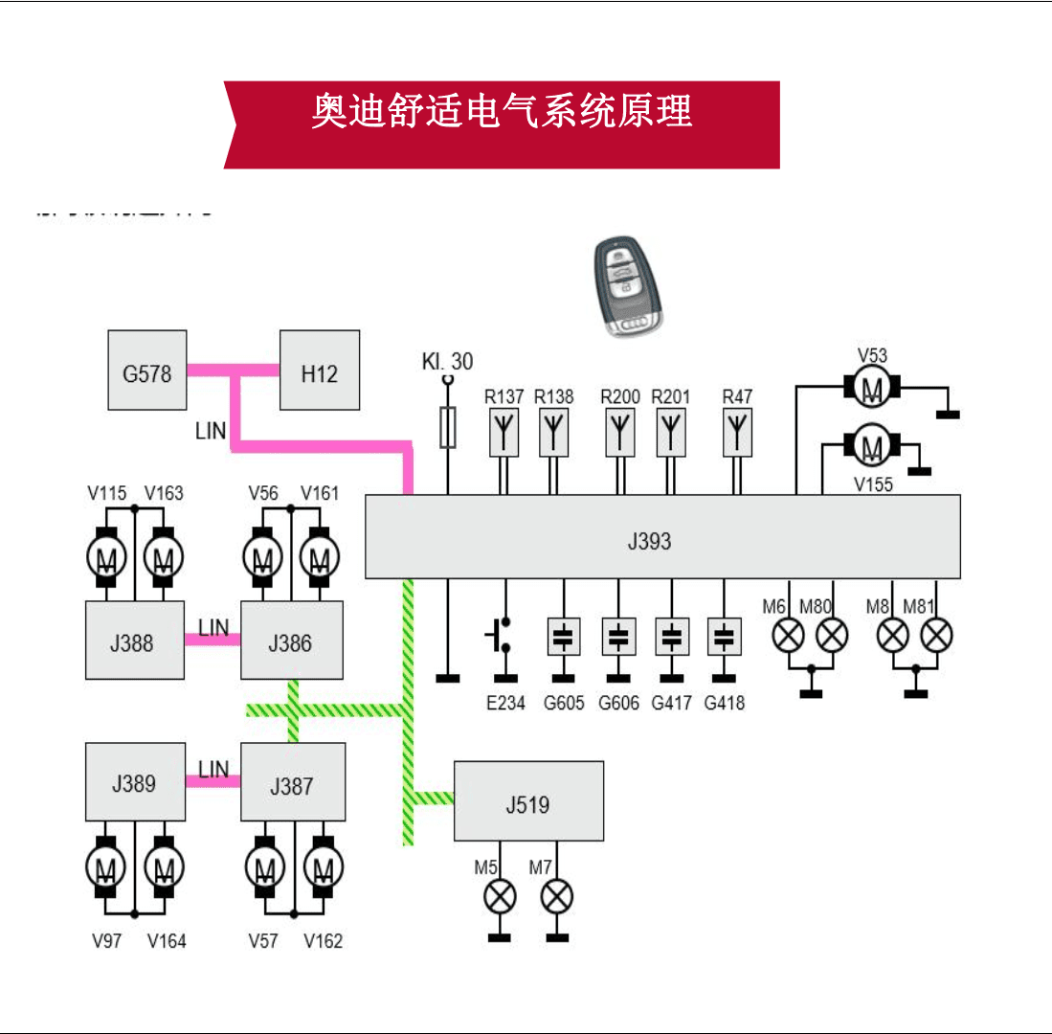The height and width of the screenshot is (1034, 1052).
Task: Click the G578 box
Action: (x=146, y=371)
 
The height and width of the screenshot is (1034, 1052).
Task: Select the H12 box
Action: (x=319, y=371)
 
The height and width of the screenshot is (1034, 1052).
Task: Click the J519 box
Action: (x=528, y=801)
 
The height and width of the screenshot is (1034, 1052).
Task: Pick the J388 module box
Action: (x=133, y=641)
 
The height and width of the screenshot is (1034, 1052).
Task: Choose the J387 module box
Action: (x=291, y=782)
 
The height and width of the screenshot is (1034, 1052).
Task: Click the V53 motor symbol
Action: (x=872, y=387)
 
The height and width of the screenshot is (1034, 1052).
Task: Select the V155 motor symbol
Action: (x=872, y=445)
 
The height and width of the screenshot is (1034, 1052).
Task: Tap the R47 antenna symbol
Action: (x=737, y=431)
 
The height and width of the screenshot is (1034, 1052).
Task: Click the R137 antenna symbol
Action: (x=504, y=431)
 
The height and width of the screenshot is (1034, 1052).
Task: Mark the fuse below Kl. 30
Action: (x=447, y=427)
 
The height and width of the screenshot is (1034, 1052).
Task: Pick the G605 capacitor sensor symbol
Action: (x=565, y=636)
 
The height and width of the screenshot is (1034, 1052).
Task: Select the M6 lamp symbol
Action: (x=787, y=635)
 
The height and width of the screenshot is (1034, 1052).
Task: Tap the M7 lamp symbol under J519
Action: (x=556, y=897)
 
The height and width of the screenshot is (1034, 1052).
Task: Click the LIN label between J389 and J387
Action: (x=213, y=769)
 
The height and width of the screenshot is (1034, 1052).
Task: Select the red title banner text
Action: (x=502, y=112)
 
